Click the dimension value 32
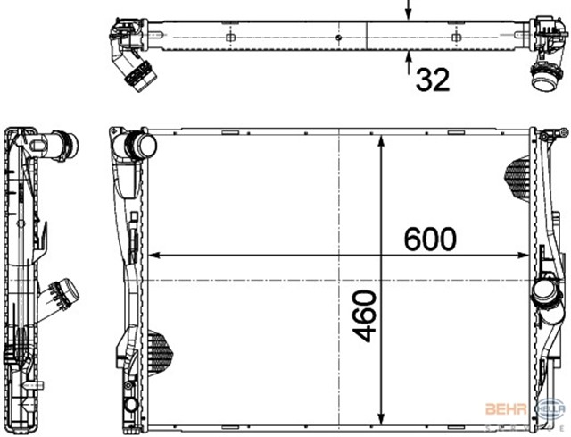433,80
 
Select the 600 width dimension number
429,239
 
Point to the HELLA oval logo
549,408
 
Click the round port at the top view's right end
542,78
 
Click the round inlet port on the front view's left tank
140,145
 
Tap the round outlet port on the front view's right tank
544,292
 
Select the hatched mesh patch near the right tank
517,180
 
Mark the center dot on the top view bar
338,37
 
